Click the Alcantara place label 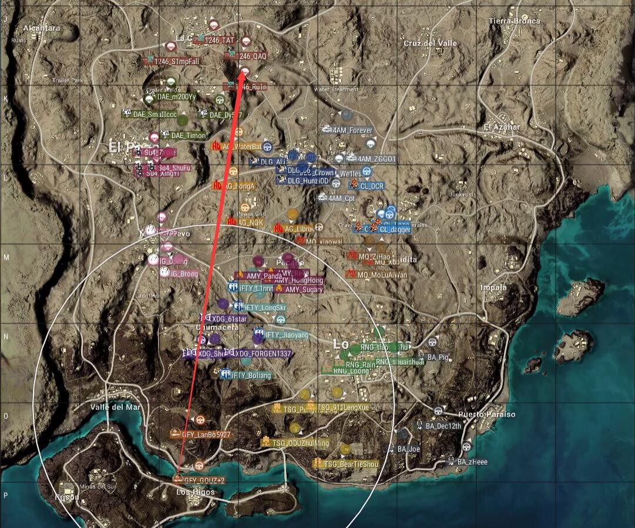(41, 28)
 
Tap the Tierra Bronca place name (514, 21)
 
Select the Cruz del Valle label (430, 43)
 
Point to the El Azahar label (502, 127)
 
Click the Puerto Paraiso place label (487, 414)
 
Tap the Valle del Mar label (116, 406)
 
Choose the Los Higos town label (196, 492)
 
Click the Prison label (66, 497)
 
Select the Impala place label (493, 287)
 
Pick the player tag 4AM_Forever (352, 130)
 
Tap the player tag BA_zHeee (472, 462)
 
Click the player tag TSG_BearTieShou (351, 464)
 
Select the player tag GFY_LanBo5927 (206, 435)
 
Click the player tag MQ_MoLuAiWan (382, 274)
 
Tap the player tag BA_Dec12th (443, 426)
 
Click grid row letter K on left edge (6, 99)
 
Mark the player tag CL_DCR (372, 186)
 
